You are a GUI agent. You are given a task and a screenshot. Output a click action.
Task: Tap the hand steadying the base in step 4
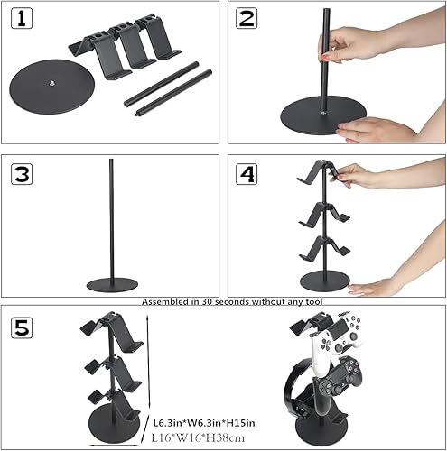374,287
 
